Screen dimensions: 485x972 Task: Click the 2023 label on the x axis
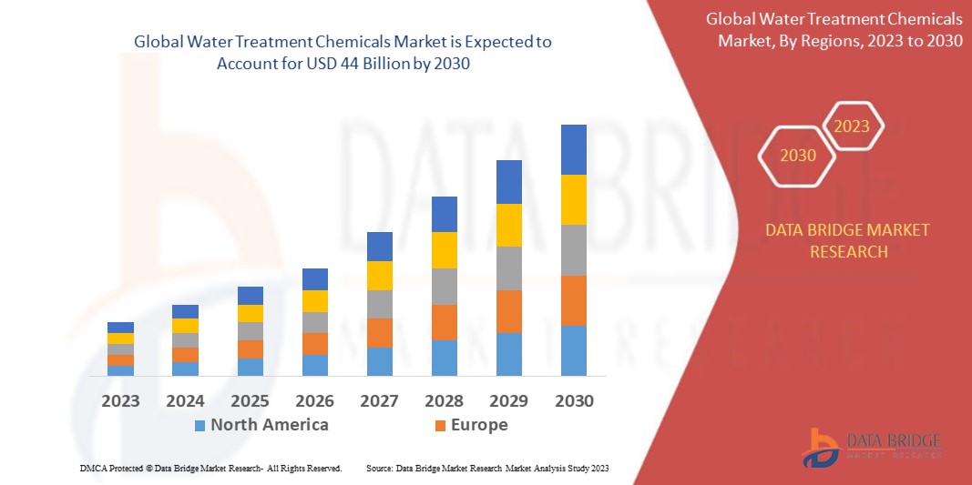pos(120,400)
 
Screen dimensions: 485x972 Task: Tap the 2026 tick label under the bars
pos(314,400)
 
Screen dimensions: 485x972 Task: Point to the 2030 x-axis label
pos(573,400)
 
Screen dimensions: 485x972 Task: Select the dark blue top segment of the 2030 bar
pos(573,149)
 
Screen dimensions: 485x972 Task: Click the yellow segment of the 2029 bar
pos(508,225)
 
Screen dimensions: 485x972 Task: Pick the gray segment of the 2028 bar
pos(444,286)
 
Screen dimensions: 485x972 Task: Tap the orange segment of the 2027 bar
pos(379,332)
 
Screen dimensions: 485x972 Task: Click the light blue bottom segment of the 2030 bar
pos(573,350)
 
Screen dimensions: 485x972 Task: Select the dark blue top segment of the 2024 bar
pos(185,311)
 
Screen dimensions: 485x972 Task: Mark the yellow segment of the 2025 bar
pos(250,313)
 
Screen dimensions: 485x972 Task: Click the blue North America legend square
pos(200,425)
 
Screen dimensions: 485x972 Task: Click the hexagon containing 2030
pos(798,156)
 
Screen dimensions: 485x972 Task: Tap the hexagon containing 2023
pos(853,126)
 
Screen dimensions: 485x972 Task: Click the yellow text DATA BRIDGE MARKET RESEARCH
pos(849,240)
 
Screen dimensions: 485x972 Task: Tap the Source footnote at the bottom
pos(486,468)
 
